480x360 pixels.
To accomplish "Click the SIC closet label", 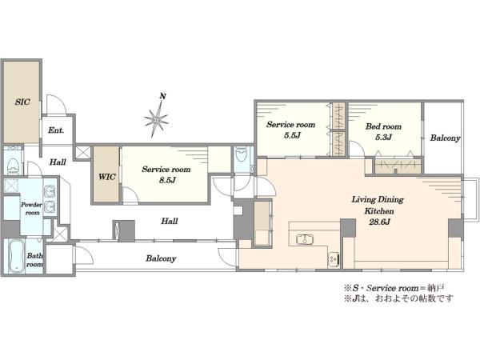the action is point(22,102).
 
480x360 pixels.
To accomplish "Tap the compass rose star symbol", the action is point(157,118).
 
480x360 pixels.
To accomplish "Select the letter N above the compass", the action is point(163,96).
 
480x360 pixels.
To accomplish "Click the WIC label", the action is point(107,177).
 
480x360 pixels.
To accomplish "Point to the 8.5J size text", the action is point(167,180).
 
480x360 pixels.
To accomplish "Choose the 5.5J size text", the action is point(291,135).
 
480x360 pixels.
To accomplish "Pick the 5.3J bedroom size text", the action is point(383,137).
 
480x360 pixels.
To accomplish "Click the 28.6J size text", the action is point(379,222).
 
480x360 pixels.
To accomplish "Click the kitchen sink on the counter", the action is point(304,239).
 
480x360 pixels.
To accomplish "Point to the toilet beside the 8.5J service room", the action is point(242,154).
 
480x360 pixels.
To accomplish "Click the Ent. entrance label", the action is point(56,130).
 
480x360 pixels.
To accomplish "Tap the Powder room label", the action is point(32,209).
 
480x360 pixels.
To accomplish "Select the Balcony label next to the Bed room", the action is point(445,138).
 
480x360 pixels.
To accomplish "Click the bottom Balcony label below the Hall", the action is point(161,258).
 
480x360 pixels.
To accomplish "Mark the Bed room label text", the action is point(383,126).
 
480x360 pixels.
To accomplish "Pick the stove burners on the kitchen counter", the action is point(334,259).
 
